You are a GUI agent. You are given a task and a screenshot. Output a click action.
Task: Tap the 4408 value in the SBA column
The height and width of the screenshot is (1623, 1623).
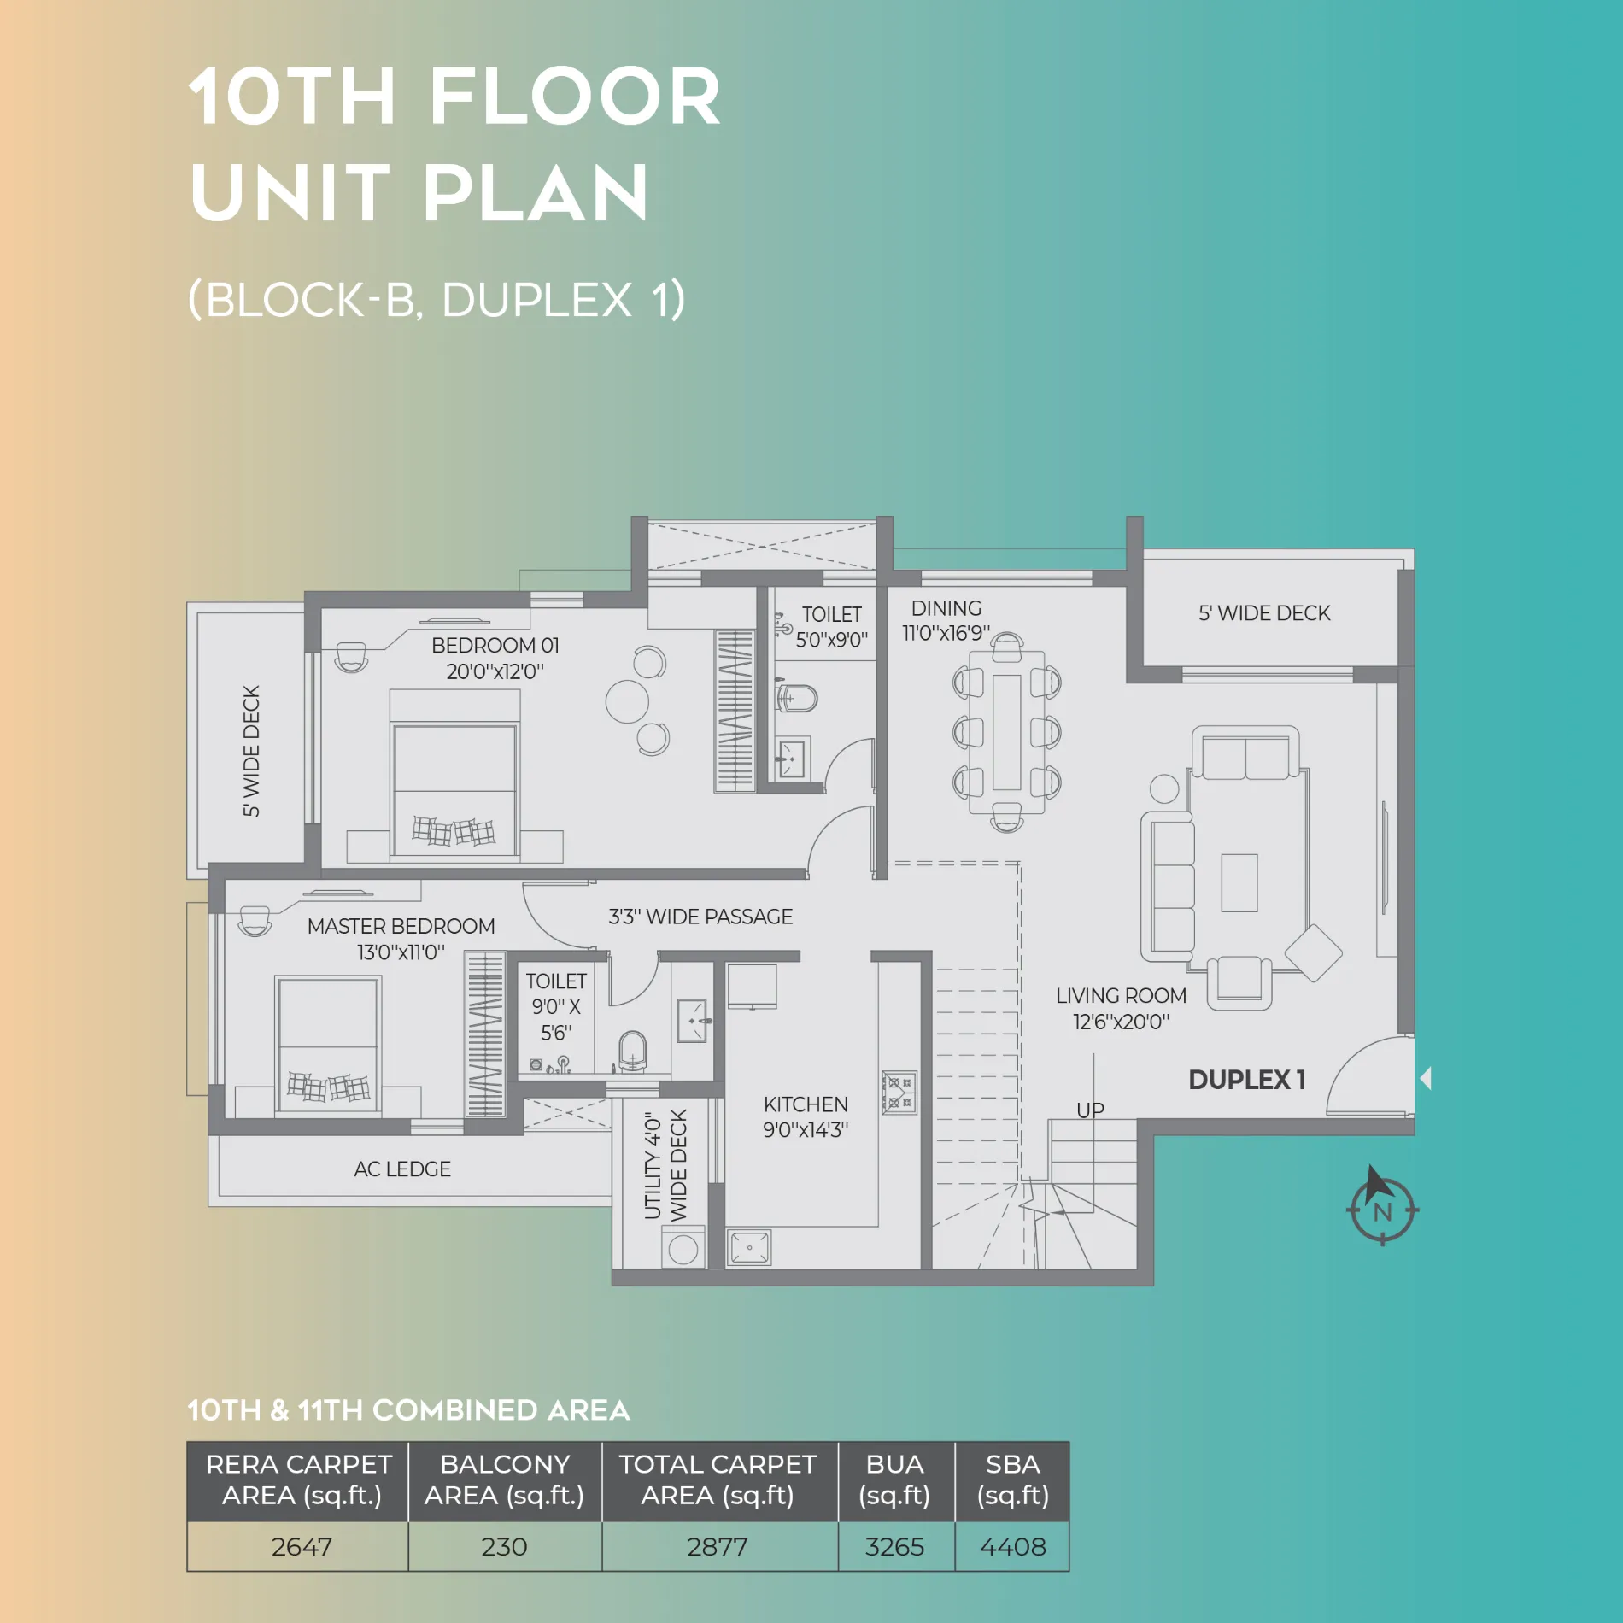pos(1012,1547)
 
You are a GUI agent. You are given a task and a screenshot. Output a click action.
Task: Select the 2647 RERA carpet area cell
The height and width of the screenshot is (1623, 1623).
pos(301,1547)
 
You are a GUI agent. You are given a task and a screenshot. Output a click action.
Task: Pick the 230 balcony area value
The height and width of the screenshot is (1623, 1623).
pos(504,1547)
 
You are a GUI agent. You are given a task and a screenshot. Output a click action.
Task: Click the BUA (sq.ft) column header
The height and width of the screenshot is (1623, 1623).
pos(894,1479)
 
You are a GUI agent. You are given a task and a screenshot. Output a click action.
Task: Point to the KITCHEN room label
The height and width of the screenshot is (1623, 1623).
pos(806,1104)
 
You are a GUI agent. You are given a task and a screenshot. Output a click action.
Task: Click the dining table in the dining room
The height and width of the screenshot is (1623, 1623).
pos(1007,732)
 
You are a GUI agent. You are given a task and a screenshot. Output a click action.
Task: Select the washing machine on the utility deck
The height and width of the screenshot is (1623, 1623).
pos(683,1248)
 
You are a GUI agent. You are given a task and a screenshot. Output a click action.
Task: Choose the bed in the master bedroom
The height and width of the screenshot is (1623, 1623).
pos(328,1046)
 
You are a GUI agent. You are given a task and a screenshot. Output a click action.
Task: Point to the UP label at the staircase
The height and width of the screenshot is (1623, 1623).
pos(1090,1110)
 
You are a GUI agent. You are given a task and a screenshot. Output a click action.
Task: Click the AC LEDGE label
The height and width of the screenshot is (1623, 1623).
pos(402,1169)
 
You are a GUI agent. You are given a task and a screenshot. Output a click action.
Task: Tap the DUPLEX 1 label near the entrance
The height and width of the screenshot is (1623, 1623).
pos(1247,1080)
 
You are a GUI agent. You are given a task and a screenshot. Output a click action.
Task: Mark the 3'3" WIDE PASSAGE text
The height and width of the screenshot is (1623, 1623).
pos(700,917)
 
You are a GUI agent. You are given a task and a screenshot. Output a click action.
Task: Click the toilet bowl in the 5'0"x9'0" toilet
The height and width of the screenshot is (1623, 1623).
pos(798,698)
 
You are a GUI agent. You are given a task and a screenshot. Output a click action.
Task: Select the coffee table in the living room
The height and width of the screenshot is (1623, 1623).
pos(1239,883)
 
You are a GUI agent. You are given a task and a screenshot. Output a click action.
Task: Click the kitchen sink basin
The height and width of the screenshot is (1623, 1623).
pos(749,1247)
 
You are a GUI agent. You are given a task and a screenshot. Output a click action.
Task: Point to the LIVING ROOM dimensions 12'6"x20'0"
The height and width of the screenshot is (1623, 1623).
pos(1121,1022)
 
